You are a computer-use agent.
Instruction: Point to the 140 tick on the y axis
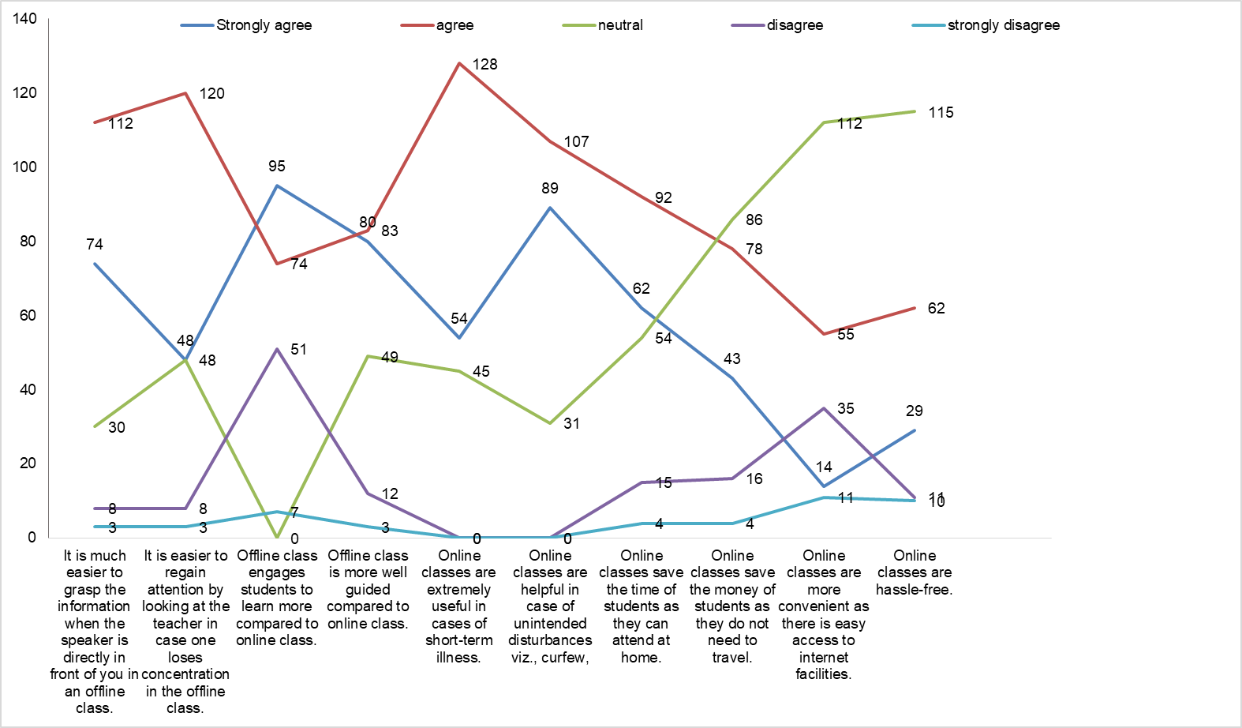point(25,19)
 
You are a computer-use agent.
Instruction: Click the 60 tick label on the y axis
point(28,316)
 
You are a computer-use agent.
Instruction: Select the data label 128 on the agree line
point(484,65)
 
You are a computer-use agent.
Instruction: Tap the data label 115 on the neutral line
point(941,113)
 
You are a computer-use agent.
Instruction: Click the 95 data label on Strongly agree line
point(276,167)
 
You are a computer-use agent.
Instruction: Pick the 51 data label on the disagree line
point(298,350)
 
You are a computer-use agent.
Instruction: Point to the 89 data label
point(550,189)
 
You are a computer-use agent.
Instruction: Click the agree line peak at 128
point(459,63)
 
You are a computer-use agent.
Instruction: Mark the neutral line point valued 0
point(277,538)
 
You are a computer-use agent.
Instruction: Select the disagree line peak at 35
point(824,408)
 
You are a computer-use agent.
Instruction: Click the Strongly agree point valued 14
point(824,486)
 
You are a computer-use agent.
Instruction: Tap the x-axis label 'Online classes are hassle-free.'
point(915,572)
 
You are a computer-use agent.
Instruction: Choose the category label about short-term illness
point(459,606)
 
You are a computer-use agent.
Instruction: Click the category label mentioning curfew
point(550,606)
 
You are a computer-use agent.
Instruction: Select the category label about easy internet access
point(824,614)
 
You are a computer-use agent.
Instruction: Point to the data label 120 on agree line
point(211,94)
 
